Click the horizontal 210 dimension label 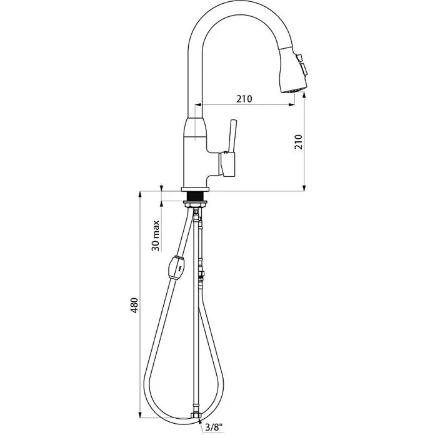[244, 99]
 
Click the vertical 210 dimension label [298, 142]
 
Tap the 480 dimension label [134, 306]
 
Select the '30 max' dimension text [156, 236]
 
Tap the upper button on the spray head [299, 58]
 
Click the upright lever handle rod [231, 136]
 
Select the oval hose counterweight [177, 268]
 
